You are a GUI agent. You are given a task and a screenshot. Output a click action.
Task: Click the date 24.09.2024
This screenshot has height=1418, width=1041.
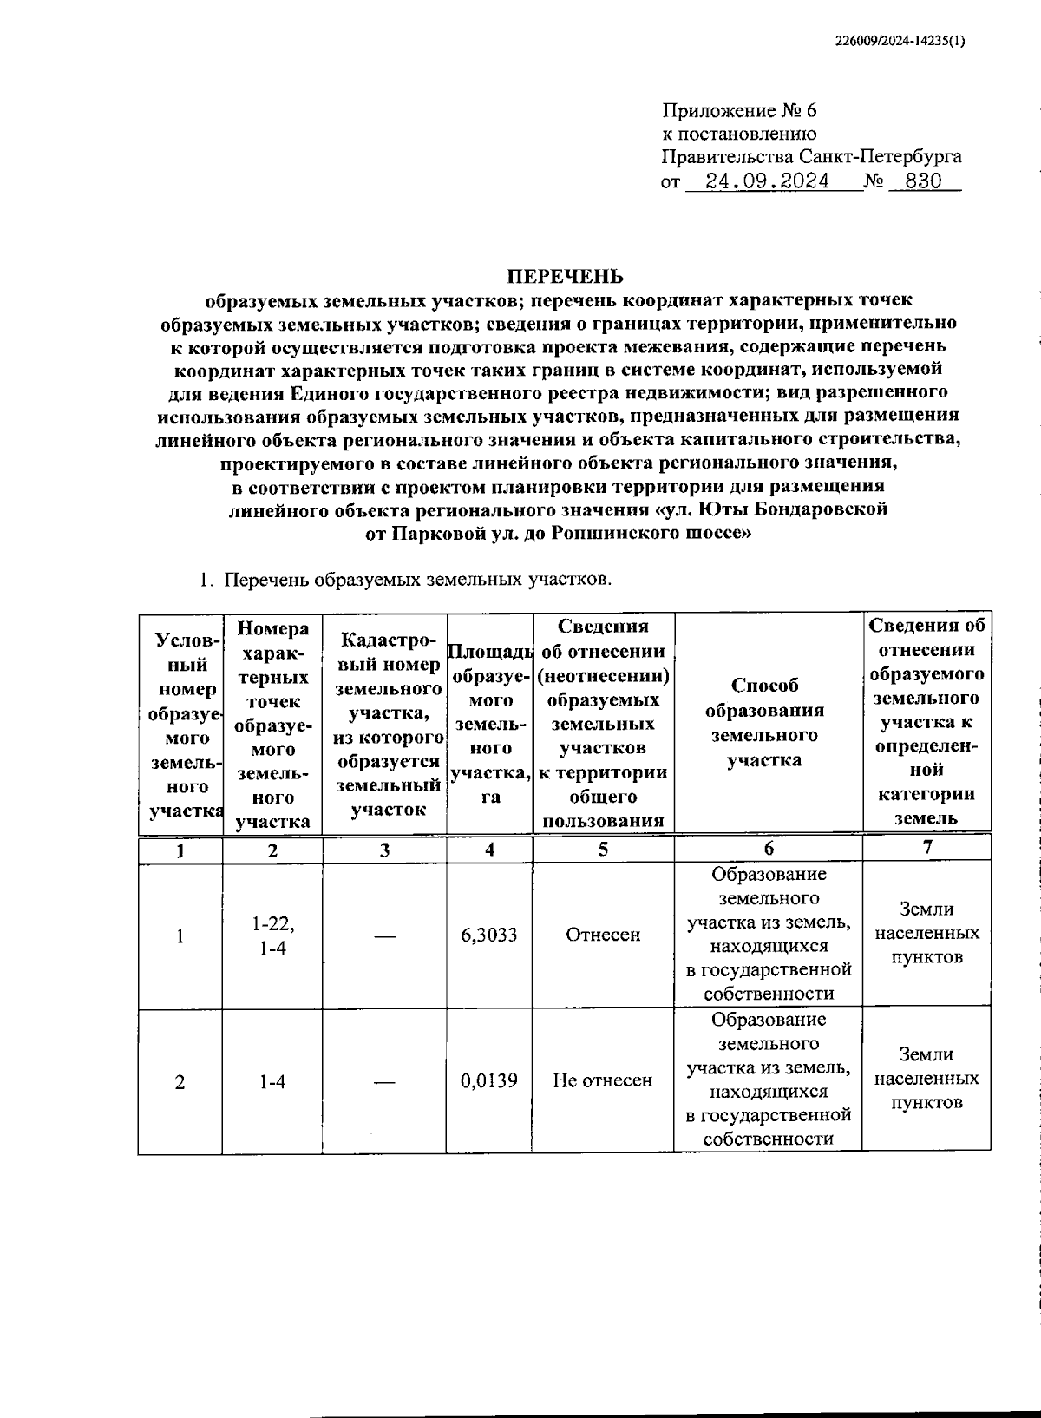[767, 182]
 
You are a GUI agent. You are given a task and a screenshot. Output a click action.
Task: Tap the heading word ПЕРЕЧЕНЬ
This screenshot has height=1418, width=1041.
[565, 276]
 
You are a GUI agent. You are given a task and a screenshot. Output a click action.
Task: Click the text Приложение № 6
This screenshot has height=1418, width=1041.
[740, 111]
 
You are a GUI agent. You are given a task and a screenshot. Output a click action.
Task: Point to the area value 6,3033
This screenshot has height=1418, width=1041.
[489, 935]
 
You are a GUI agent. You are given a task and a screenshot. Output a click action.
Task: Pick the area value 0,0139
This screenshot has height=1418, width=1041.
[489, 1080]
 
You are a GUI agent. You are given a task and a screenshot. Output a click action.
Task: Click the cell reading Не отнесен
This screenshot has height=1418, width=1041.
[602, 1080]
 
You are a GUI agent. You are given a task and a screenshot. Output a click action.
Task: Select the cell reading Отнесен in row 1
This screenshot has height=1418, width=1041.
[602, 935]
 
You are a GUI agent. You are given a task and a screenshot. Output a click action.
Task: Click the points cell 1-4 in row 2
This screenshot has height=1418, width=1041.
[272, 1081]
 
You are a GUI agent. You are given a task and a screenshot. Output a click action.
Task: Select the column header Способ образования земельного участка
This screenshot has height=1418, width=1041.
[764, 723]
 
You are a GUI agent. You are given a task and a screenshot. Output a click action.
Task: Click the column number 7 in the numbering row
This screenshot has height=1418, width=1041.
[927, 847]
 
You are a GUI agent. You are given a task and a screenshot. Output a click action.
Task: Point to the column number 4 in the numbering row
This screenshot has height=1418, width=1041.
[489, 850]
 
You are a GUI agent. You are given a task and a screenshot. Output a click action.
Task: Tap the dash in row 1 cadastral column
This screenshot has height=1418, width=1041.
[384, 935]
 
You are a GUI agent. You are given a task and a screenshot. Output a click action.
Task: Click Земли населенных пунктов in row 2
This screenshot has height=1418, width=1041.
[926, 1079]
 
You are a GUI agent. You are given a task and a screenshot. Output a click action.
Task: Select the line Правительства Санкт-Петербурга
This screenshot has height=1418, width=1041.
[811, 158]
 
